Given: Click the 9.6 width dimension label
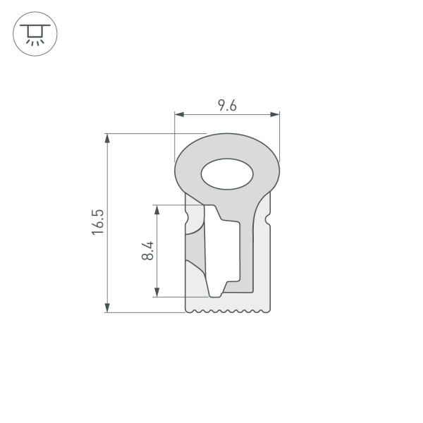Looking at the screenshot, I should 226,105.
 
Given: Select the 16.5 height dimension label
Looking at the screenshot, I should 98,222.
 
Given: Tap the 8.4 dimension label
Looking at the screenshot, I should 147,251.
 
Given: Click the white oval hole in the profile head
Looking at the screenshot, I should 227,174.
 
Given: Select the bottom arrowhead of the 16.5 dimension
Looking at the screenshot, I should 107,307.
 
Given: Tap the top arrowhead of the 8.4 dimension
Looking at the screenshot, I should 157,210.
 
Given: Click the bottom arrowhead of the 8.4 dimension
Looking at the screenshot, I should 157,291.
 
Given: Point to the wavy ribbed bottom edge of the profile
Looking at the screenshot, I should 227,310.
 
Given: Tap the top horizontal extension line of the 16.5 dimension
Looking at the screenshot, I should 155,133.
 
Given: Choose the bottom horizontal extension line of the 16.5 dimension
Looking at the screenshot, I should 145,312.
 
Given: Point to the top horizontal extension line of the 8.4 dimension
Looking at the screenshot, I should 169,205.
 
